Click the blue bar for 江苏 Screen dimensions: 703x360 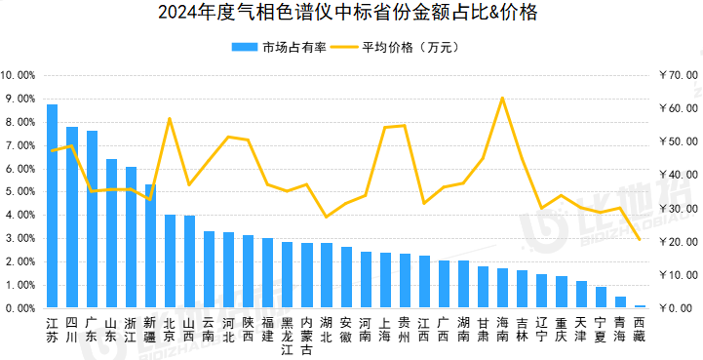tap(52, 206)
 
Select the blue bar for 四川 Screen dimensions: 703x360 tap(72, 218)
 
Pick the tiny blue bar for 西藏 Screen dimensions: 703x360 tap(640, 306)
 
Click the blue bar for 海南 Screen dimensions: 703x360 tap(502, 288)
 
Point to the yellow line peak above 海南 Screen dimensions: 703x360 tap(502, 98)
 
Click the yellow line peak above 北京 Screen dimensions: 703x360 tap(170, 118)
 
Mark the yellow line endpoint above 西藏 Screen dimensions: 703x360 tap(640, 239)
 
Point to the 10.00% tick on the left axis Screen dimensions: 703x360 tap(18, 76)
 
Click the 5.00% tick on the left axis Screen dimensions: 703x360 tap(20, 192)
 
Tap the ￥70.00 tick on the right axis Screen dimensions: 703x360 tap(678, 75)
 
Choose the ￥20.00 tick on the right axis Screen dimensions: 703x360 tap(678, 242)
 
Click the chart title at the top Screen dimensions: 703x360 tap(347, 13)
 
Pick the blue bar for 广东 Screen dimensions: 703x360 tap(92, 220)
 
